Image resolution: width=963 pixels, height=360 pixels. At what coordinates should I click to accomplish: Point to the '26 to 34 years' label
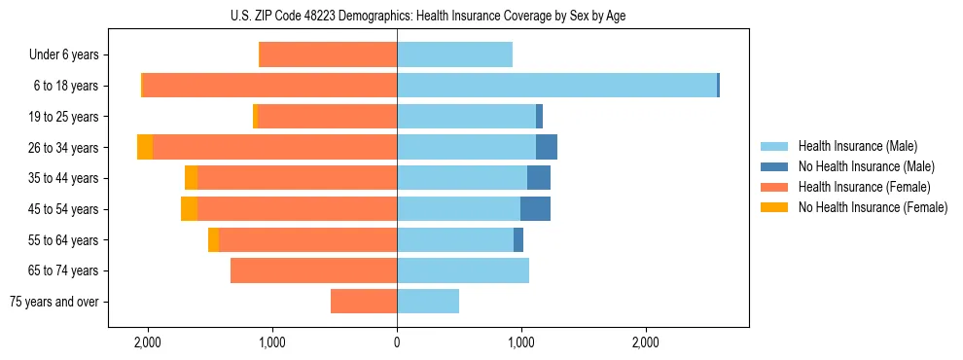(64, 148)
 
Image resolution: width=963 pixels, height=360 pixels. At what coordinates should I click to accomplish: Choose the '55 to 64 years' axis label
(64, 240)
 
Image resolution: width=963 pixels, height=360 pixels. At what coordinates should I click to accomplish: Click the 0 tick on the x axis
(397, 342)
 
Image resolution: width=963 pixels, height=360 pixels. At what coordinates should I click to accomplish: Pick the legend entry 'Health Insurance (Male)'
(856, 146)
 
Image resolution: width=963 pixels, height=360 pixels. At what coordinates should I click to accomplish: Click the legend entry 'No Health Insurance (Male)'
(862, 166)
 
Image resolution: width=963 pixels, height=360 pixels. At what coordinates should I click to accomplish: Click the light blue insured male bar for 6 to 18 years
(556, 86)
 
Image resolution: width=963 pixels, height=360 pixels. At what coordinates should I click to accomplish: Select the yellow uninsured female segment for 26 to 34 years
(145, 147)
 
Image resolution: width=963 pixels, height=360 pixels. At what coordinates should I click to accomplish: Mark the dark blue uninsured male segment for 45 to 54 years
(535, 209)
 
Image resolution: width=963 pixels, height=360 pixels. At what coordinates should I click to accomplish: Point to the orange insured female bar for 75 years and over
(364, 302)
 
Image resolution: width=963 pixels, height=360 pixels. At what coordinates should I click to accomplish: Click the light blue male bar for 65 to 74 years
(463, 270)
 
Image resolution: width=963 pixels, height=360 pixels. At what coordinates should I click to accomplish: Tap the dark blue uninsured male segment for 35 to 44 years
(539, 178)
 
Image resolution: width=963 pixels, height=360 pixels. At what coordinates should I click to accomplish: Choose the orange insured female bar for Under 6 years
(329, 54)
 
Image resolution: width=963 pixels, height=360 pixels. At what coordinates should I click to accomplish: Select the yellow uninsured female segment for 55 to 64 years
(213, 240)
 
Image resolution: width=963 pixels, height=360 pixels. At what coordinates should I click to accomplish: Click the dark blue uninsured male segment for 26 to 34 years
(547, 147)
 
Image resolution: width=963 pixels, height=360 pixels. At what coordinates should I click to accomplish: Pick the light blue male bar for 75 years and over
(428, 302)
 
